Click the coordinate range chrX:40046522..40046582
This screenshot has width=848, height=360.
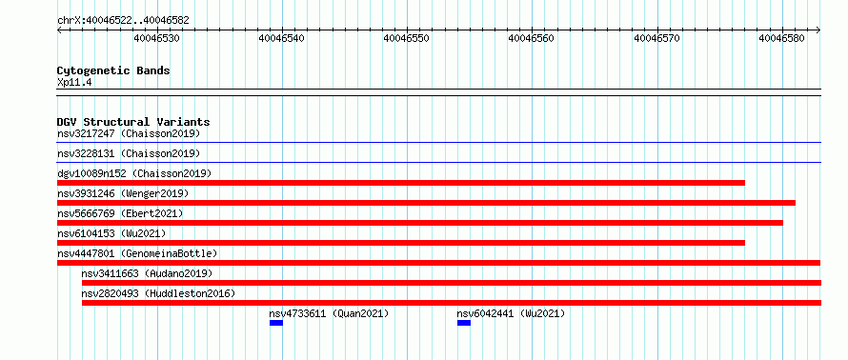[123, 21]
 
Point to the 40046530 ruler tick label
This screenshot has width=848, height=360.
[157, 38]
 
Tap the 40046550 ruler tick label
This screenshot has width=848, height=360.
[406, 38]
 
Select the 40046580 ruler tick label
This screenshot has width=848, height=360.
[781, 38]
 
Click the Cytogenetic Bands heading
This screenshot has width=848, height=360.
[113, 70]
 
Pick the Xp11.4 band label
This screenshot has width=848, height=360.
[73, 83]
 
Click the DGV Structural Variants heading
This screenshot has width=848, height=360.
[133, 122]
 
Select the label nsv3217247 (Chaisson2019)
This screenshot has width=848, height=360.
[129, 133]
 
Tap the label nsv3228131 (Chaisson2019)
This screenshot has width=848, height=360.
[129, 153]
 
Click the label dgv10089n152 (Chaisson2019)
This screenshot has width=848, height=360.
[134, 173]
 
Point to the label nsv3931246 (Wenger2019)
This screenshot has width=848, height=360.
[123, 193]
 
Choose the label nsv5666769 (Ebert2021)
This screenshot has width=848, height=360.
[120, 213]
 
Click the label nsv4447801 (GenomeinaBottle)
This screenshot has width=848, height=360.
[137, 253]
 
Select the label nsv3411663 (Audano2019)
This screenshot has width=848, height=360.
[147, 273]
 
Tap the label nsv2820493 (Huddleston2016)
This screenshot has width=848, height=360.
[158, 293]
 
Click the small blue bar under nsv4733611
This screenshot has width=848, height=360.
[276, 323]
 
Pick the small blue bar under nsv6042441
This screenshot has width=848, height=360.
[464, 323]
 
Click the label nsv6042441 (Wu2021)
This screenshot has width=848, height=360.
[511, 313]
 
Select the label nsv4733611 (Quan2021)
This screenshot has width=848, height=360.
[329, 313]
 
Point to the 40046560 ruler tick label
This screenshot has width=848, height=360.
[531, 38]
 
